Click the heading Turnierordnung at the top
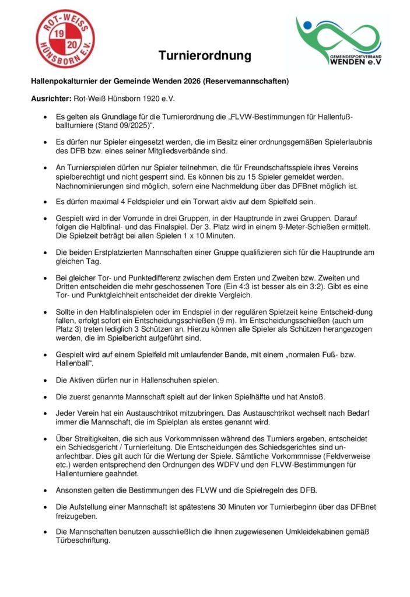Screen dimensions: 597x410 pyautogui.click(x=205, y=56)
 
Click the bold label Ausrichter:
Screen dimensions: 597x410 pyautogui.click(x=51, y=99)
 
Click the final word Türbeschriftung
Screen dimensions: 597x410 pyautogui.click(x=82, y=540)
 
